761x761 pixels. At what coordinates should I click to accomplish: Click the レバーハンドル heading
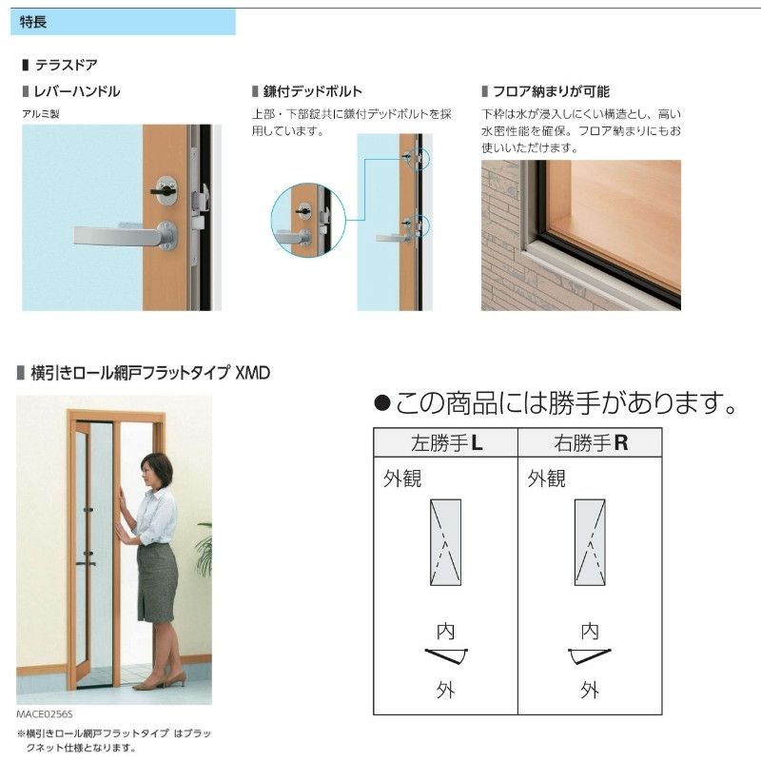[77, 92]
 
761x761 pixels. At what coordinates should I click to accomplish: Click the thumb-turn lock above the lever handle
[165, 189]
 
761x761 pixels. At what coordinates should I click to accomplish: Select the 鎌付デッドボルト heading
[312, 92]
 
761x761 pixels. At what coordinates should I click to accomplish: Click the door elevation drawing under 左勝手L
[445, 541]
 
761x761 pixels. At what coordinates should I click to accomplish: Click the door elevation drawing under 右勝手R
[590, 541]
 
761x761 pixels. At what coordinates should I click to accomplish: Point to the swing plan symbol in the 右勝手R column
[590, 655]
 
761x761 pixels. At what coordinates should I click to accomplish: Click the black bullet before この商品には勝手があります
[383, 404]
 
